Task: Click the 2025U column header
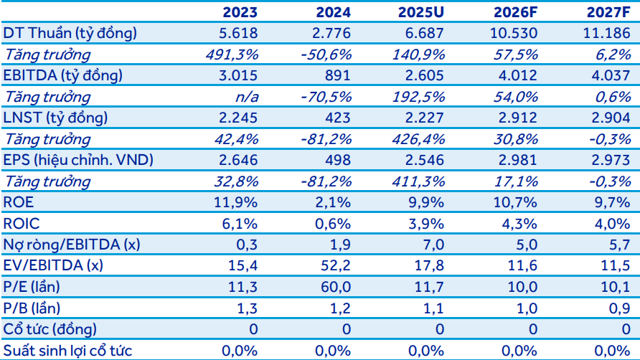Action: coord(421,12)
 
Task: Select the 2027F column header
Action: coord(608,12)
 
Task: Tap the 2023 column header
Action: coord(240,12)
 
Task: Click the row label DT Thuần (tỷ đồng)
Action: coord(70,34)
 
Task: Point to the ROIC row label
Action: coord(22,224)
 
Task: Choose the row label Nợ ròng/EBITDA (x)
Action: coord(72,245)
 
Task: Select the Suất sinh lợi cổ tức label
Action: coord(67,351)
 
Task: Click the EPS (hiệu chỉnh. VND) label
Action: coord(78,160)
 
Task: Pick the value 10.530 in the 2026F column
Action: coord(514,33)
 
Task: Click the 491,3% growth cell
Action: coord(232,55)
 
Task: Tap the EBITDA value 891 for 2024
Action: coord(337,75)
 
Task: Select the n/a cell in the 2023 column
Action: coord(247,97)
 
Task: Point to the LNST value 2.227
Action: coord(425,118)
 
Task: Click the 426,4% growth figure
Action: coord(418,139)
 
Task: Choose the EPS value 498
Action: coord(337,160)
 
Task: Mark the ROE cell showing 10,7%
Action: coord(515,202)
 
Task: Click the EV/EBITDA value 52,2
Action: coord(336,266)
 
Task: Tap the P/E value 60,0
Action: coord(336,287)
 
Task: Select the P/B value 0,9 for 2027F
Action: coord(619,308)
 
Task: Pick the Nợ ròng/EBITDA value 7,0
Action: coord(433,245)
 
